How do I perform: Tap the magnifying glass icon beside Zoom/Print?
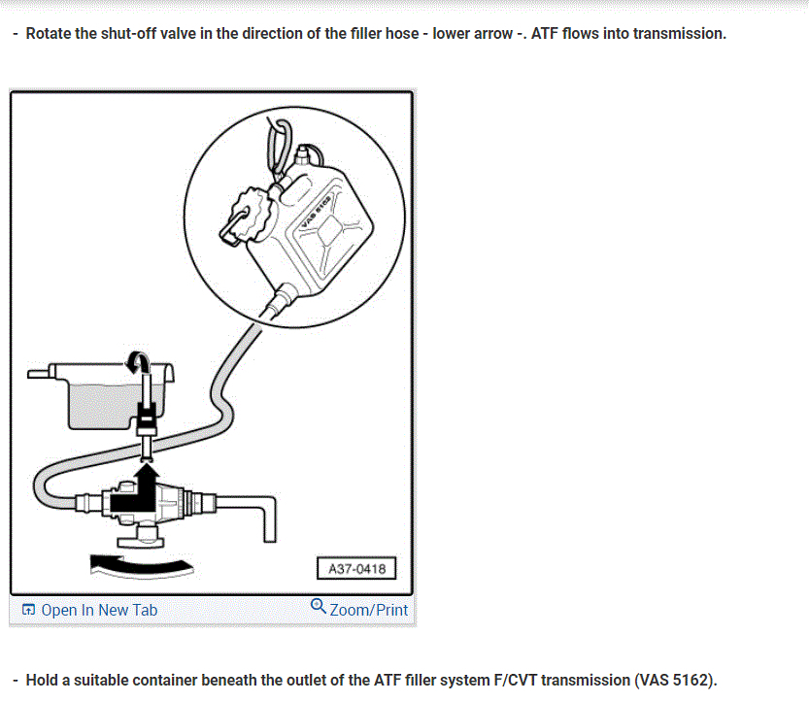pyautogui.click(x=318, y=607)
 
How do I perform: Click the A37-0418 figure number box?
pyautogui.click(x=356, y=568)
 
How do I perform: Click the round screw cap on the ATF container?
pyautogui.click(x=247, y=208)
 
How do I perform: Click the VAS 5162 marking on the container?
pyautogui.click(x=322, y=208)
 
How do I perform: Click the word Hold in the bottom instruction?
pyautogui.click(x=42, y=680)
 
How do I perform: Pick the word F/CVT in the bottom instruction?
pyautogui.click(x=512, y=680)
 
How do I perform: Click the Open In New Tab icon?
pyautogui.click(x=28, y=610)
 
